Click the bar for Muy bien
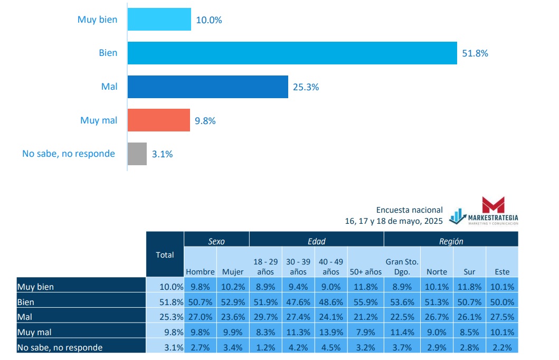[x=159, y=20]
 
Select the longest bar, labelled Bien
[x=292, y=53]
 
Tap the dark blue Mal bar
[x=207, y=87]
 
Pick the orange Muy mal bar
[x=158, y=120]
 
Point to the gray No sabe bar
[x=137, y=154]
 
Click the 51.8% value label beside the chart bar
[x=475, y=53]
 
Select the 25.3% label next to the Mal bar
[x=306, y=87]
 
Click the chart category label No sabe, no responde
[x=69, y=154]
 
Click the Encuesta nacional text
[x=409, y=210]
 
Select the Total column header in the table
[x=165, y=255]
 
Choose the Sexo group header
[x=216, y=241]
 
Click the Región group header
[x=451, y=241]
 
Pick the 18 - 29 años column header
[x=266, y=267]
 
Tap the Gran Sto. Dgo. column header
[x=402, y=267]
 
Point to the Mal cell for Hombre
[x=200, y=317]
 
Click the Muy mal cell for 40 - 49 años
[x=331, y=332]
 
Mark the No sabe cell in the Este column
[x=502, y=347]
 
